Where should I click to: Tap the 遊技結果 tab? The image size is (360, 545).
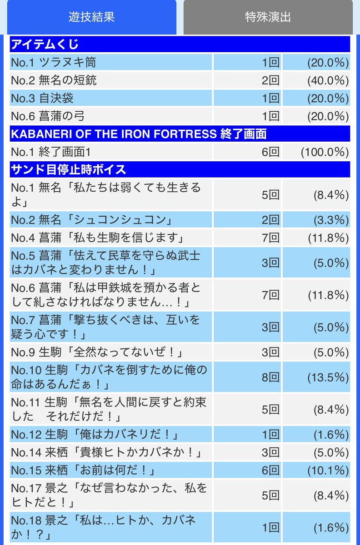(x=91, y=17)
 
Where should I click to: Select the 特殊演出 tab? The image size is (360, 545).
(x=267, y=17)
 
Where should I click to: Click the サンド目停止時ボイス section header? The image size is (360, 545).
(x=68, y=170)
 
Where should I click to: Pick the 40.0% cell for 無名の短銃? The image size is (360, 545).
(x=328, y=80)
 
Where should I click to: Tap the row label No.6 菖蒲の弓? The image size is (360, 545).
(x=47, y=116)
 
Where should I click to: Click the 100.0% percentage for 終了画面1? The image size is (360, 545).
(x=325, y=152)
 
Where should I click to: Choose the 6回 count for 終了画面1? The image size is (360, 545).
(x=270, y=152)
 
